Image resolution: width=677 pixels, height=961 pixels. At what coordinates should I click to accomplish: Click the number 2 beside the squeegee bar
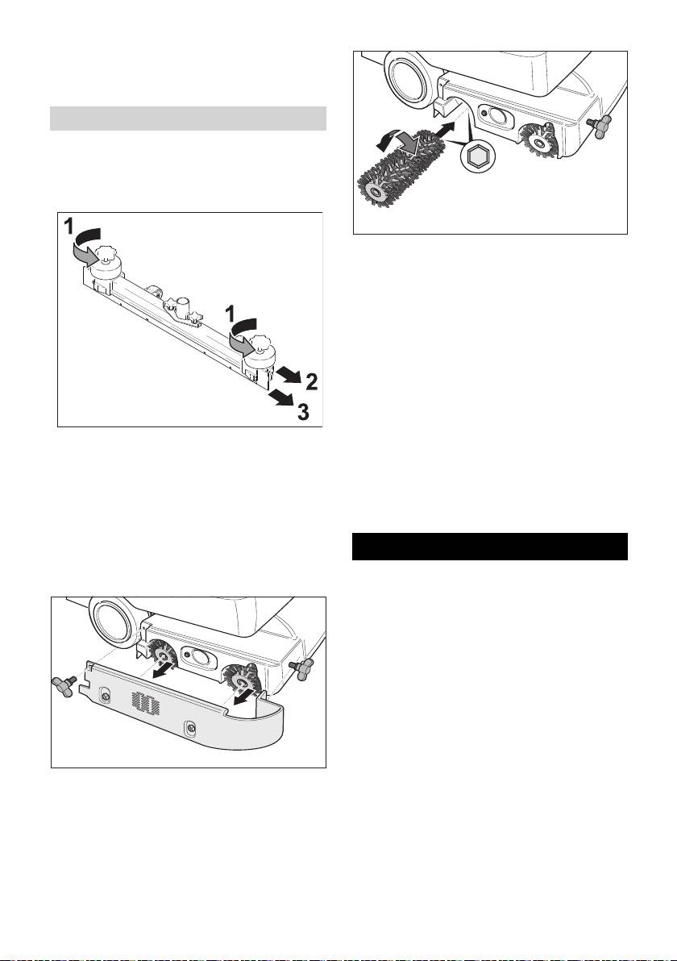click(311, 383)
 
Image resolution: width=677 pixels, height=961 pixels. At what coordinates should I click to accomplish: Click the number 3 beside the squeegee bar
click(303, 413)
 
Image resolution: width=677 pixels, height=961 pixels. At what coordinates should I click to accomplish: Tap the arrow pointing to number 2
click(289, 374)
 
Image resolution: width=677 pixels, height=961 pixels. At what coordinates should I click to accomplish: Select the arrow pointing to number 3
click(281, 399)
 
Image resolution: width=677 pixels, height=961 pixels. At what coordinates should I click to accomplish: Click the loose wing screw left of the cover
click(64, 684)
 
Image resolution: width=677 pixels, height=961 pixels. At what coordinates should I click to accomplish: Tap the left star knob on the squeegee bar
click(106, 253)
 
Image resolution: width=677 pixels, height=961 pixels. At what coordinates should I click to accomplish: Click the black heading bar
click(490, 546)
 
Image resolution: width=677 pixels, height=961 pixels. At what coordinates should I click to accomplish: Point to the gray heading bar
click(188, 119)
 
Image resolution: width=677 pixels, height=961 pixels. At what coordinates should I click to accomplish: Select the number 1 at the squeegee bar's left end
click(70, 227)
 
